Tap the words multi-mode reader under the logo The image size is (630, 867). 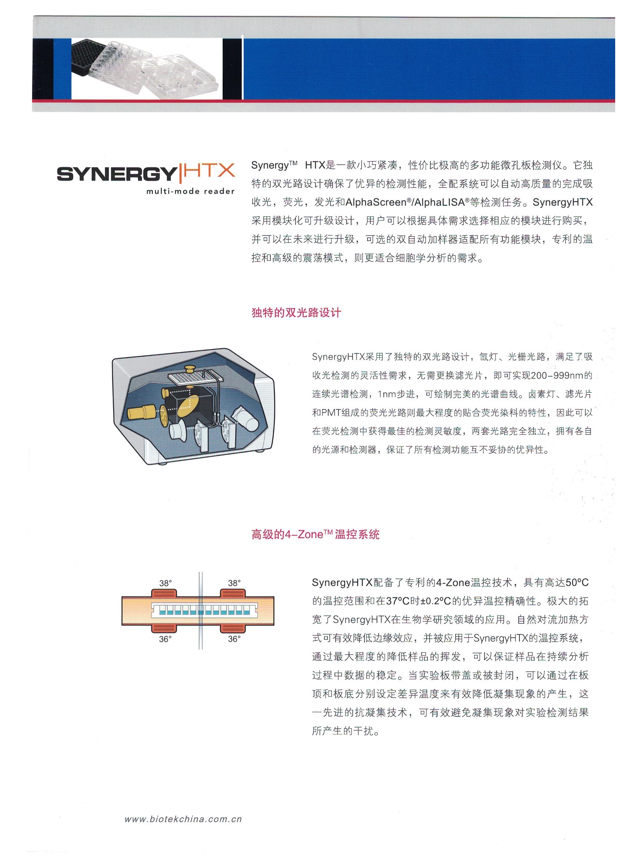pyautogui.click(x=190, y=191)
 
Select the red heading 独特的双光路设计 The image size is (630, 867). pyautogui.click(x=296, y=313)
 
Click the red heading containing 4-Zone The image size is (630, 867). pyautogui.click(x=315, y=534)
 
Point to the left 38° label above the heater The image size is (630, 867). pyautogui.click(x=165, y=583)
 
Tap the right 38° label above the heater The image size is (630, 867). pyautogui.click(x=234, y=583)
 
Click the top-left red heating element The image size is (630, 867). pyautogui.click(x=165, y=593)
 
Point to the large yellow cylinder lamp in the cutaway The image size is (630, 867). pyautogui.click(x=140, y=413)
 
